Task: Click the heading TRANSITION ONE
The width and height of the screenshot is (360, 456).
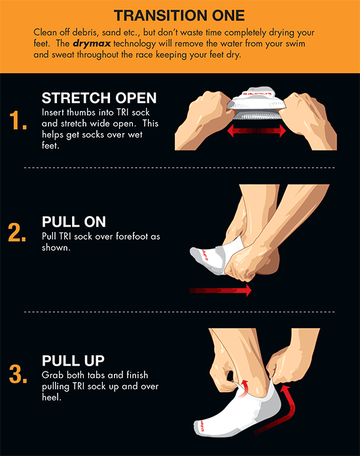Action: click(179, 16)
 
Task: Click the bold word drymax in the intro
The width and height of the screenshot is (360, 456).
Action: click(92, 44)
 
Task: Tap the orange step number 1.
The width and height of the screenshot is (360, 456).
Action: click(18, 121)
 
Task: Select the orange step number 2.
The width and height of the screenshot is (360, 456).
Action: click(18, 233)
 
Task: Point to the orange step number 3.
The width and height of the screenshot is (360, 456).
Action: click(18, 374)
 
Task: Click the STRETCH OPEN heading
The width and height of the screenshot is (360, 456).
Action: click(99, 98)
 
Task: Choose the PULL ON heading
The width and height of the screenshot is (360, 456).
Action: click(74, 222)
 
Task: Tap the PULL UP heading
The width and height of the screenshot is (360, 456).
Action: click(73, 361)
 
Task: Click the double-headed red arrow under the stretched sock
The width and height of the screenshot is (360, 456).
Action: click(257, 130)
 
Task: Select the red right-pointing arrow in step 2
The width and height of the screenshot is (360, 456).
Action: click(221, 290)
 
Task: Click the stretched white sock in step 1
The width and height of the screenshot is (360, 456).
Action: click(256, 104)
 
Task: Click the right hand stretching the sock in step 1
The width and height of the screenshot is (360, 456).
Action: click(310, 122)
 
